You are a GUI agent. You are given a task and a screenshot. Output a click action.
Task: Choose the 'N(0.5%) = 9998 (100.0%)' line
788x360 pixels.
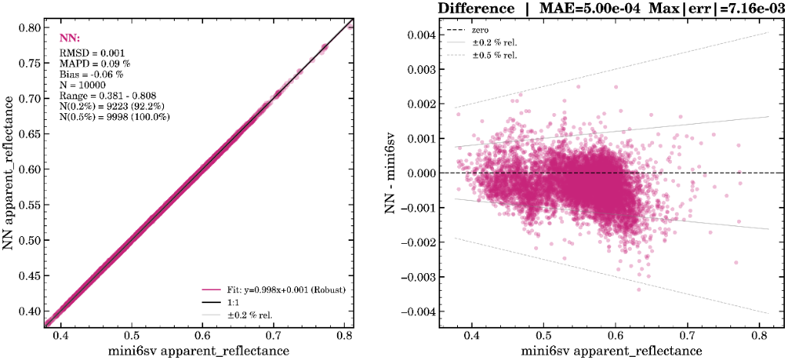pos(115,117)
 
